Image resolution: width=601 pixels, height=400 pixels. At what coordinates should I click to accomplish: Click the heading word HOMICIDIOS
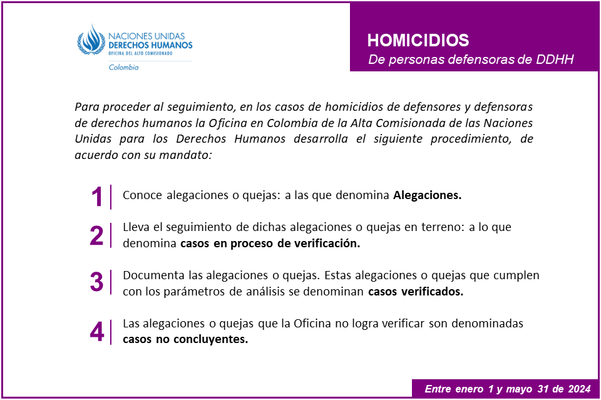click(x=418, y=41)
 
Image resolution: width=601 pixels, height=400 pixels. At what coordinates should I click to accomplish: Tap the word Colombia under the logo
click(x=123, y=68)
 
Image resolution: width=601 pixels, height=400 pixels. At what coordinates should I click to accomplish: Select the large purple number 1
click(x=96, y=197)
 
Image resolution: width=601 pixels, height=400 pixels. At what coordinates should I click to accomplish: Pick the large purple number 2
click(x=96, y=235)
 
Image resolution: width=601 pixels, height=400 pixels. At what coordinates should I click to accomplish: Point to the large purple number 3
click(x=96, y=282)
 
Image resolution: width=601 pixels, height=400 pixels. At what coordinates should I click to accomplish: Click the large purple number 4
click(x=96, y=332)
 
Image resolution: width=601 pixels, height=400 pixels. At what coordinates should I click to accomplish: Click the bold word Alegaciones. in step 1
click(x=427, y=195)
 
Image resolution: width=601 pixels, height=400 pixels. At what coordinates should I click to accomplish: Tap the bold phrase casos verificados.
click(x=416, y=291)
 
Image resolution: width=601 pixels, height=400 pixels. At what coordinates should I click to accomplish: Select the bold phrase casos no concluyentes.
click(x=185, y=340)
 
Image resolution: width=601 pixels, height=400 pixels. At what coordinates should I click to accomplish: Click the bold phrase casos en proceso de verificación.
click(x=270, y=244)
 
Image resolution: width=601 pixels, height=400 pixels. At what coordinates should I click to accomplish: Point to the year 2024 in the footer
click(x=578, y=389)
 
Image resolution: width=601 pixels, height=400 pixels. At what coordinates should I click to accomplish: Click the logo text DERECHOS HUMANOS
click(x=150, y=46)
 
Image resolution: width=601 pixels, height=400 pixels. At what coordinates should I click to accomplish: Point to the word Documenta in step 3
click(x=148, y=275)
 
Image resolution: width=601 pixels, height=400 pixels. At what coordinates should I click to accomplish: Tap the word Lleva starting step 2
click(x=136, y=228)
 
